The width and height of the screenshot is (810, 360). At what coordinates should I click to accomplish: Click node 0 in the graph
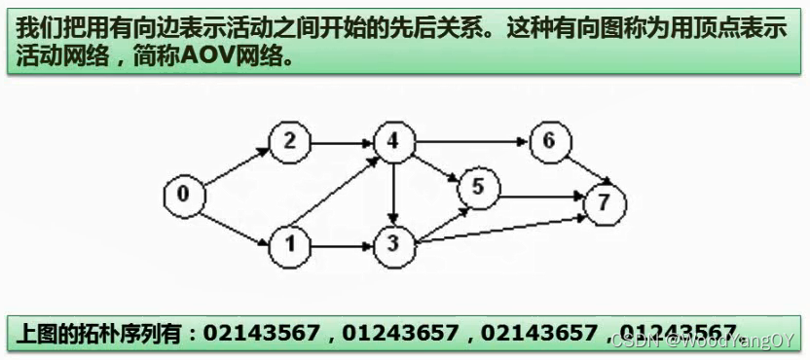(x=183, y=195)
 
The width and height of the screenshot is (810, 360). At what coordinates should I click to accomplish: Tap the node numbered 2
(x=289, y=142)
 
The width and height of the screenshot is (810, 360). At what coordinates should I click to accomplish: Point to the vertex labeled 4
(x=392, y=142)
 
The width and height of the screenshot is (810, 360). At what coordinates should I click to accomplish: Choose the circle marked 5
(x=477, y=186)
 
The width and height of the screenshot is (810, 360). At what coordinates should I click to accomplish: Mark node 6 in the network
(x=549, y=142)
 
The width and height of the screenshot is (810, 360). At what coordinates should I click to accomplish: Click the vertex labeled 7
(x=605, y=203)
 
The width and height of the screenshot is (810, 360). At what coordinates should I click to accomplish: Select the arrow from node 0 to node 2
(x=236, y=167)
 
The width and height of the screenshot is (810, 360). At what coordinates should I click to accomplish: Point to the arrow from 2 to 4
(x=341, y=143)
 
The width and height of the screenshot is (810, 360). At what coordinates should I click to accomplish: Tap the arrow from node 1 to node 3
(x=341, y=243)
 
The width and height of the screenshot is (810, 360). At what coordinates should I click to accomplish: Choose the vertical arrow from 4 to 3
(x=392, y=193)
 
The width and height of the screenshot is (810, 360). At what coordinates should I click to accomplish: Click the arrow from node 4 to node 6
(x=470, y=143)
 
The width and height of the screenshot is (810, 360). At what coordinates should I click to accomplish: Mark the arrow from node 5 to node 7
(x=540, y=197)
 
